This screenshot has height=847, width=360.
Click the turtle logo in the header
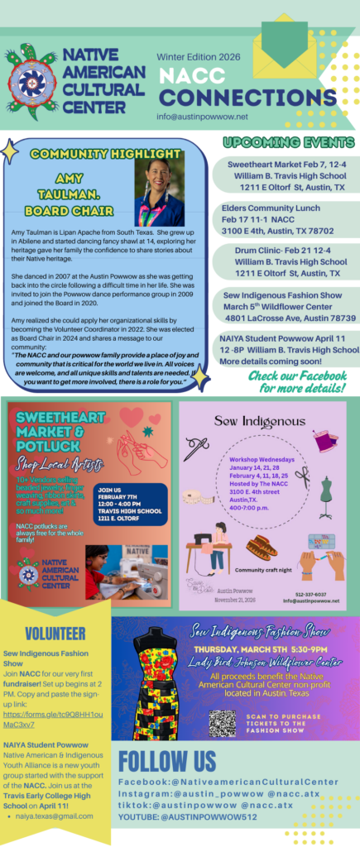coord(33,79)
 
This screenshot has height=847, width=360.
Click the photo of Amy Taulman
coord(159,191)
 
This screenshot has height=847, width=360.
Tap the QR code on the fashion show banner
coord(221,723)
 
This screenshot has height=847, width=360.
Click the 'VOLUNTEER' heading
coord(55,634)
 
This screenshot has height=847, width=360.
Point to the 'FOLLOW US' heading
coord(170,761)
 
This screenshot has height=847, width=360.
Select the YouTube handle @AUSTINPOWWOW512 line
coord(195,819)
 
